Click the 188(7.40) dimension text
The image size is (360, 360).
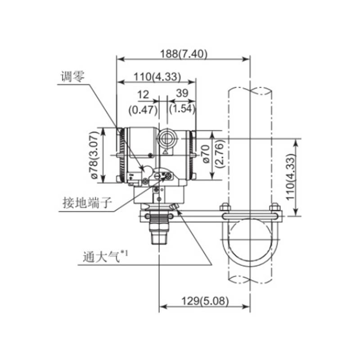click(184, 54)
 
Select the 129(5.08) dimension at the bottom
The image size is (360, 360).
click(205, 301)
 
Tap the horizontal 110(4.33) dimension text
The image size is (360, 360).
click(157, 76)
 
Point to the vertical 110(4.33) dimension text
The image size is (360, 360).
click(290, 177)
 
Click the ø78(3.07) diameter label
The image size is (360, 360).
click(94, 155)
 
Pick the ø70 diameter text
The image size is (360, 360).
click(207, 154)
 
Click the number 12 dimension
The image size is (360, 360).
click(143, 94)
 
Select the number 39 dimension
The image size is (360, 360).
click(182, 93)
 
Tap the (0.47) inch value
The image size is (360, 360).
click(143, 110)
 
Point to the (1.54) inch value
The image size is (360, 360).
click(182, 108)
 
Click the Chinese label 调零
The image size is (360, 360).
click(72, 76)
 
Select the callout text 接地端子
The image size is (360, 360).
click(87, 202)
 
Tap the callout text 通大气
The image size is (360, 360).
click(101, 256)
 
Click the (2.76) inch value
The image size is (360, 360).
click(219, 154)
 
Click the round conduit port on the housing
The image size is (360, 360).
click(167, 139)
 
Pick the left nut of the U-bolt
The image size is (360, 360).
click(225, 207)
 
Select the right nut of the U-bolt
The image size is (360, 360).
click(274, 207)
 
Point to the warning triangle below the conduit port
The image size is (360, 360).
click(166, 152)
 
